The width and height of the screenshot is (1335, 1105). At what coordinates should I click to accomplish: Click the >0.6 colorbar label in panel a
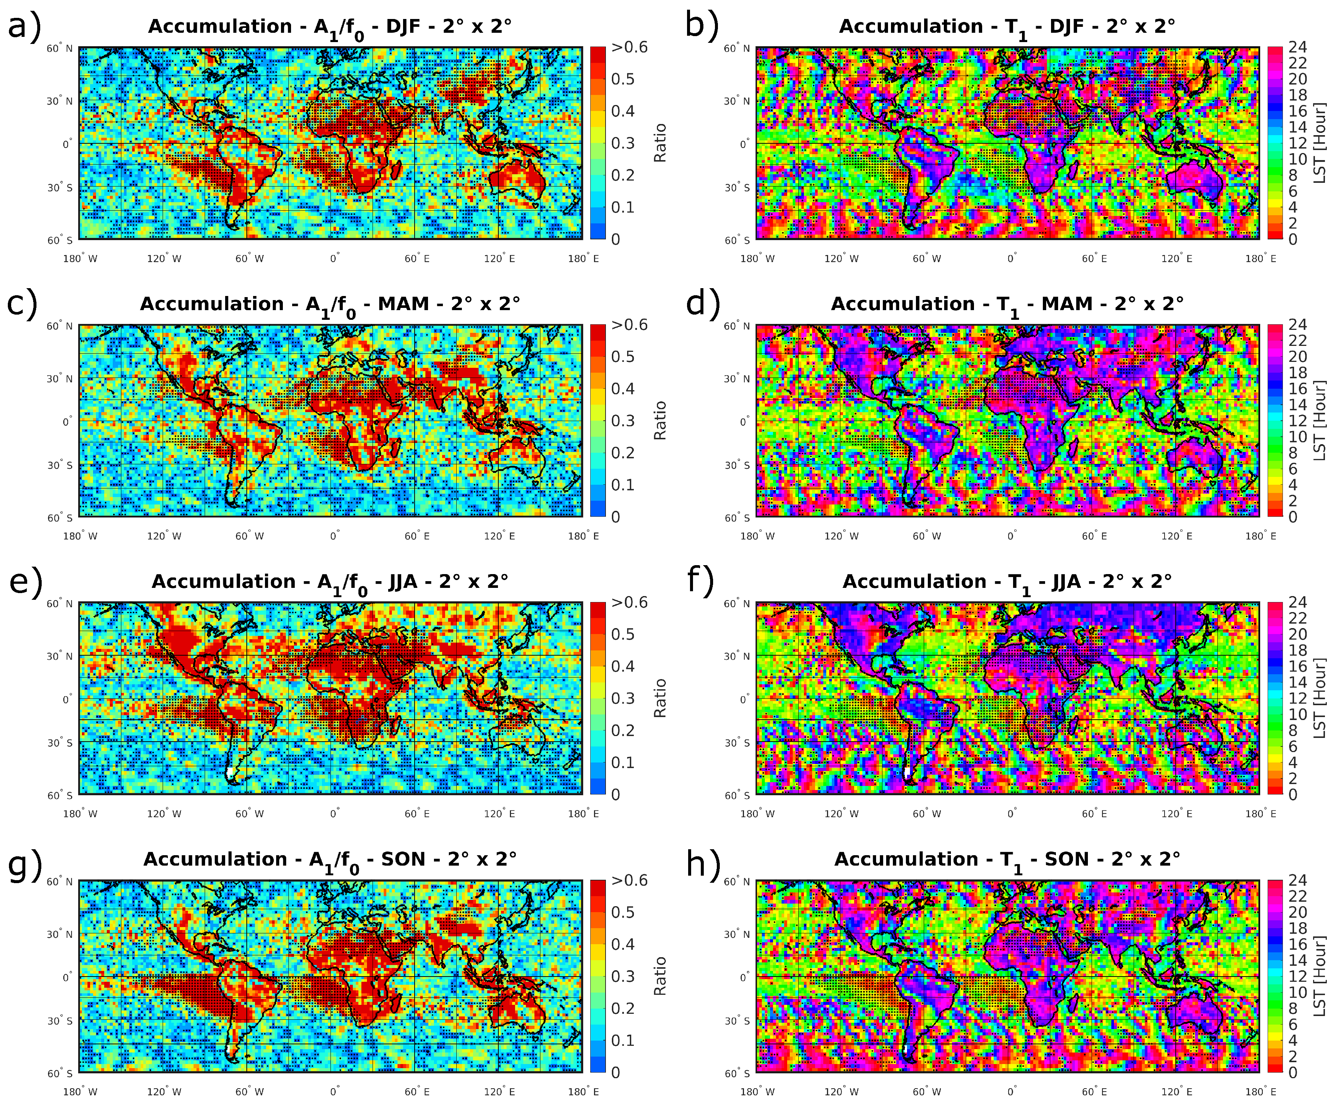[629, 48]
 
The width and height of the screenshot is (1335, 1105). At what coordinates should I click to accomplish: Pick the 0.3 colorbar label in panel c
[623, 421]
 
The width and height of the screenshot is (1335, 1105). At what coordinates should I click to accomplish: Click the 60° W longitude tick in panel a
[249, 259]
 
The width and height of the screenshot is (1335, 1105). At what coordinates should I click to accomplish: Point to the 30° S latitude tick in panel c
[60, 465]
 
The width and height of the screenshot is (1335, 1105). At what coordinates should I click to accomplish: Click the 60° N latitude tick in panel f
[737, 604]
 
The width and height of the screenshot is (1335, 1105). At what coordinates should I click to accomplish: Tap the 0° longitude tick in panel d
[1012, 536]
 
